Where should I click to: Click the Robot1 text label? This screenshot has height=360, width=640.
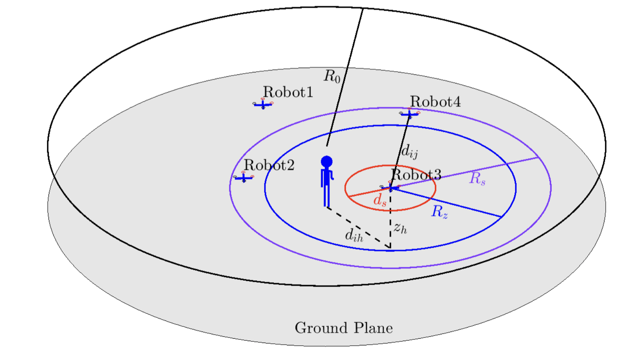[288, 92]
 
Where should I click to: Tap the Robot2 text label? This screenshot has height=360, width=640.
[269, 165]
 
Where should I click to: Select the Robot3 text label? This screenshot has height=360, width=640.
[416, 174]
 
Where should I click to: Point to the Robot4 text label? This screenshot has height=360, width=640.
[435, 102]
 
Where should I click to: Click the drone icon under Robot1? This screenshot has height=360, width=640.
[263, 104]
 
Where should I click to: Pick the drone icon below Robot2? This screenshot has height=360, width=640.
[243, 178]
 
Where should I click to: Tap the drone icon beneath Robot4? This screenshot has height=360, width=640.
[410, 114]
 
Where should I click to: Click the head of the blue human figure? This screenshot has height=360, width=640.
[327, 161]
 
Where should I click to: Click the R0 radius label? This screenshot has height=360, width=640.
[332, 76]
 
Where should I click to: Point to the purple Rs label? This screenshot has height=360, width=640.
[477, 179]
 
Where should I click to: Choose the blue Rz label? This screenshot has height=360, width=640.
[439, 212]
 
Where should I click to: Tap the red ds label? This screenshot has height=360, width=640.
[380, 201]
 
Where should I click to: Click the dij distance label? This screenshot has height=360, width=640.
[409, 152]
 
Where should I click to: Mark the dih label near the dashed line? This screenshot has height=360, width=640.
[354, 235]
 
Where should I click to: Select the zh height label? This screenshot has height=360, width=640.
[400, 228]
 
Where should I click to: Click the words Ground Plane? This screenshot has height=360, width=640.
[344, 328]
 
